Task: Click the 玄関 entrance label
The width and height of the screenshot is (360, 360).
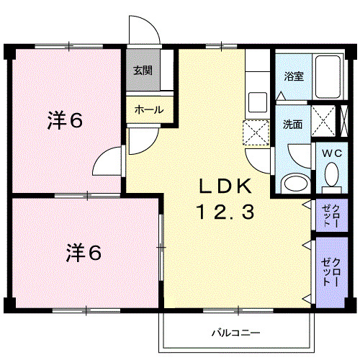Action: (x=143, y=71)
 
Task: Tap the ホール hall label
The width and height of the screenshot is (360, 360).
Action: (x=149, y=110)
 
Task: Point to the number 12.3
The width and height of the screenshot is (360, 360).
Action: (x=224, y=212)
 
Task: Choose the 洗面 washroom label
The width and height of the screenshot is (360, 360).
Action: (x=292, y=123)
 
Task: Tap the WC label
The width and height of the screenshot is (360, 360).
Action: (x=331, y=153)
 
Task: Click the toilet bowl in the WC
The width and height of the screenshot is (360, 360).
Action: (x=331, y=175)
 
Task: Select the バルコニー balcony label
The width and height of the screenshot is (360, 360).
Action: (x=235, y=333)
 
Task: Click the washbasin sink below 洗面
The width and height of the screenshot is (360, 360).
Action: (x=294, y=183)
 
